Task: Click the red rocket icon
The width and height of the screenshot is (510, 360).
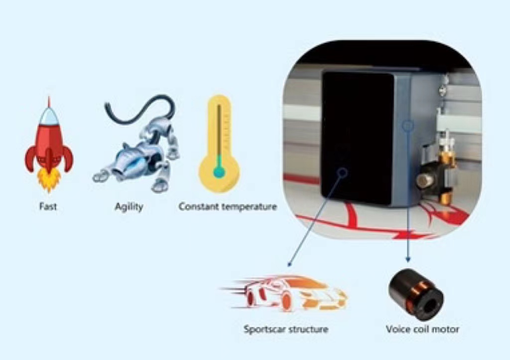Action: [x=49, y=144]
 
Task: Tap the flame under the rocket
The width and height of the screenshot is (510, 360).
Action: [x=49, y=180]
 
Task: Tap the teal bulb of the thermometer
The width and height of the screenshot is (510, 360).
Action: [x=219, y=172]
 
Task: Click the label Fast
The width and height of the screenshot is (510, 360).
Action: [x=48, y=207]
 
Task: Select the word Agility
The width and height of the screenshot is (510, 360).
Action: [x=128, y=207]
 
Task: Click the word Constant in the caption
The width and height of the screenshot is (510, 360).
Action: [x=197, y=207]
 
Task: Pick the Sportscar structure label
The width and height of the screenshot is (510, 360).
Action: [x=286, y=329]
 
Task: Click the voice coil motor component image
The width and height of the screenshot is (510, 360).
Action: [x=415, y=294]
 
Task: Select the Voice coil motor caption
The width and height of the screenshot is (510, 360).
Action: [x=422, y=329]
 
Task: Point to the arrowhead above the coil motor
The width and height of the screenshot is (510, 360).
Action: [x=408, y=259]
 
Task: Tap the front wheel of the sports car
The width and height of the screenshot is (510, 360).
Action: [x=286, y=301]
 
